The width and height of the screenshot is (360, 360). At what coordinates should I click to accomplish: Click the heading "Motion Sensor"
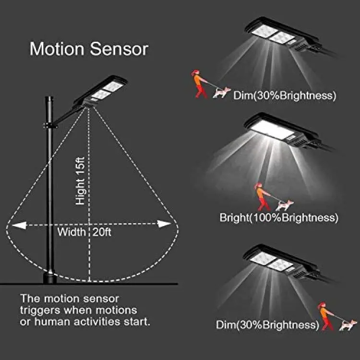[89, 48]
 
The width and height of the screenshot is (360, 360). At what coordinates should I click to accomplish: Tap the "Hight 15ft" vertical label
[81, 181]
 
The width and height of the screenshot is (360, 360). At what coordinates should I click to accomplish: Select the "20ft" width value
[102, 232]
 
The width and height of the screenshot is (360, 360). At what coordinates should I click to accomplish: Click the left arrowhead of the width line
[19, 225]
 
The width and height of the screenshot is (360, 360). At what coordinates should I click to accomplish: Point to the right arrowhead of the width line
[164, 224]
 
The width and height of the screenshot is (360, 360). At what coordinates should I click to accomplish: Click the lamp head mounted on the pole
[100, 92]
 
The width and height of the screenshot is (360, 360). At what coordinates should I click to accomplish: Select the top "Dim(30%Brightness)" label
[285, 96]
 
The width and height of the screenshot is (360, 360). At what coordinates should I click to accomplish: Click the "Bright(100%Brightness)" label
[279, 217]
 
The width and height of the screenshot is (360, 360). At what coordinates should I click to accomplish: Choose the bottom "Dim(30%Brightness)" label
[267, 324]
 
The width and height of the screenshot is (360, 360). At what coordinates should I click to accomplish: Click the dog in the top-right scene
[222, 93]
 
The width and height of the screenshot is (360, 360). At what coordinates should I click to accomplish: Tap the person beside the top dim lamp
[199, 84]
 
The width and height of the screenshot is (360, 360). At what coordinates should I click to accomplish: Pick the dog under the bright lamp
[285, 205]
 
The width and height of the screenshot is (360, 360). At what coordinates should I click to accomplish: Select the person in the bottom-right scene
[325, 316]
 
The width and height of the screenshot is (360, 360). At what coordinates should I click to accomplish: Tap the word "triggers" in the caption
[40, 311]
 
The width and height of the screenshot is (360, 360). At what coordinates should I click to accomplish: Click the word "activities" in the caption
[97, 322]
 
